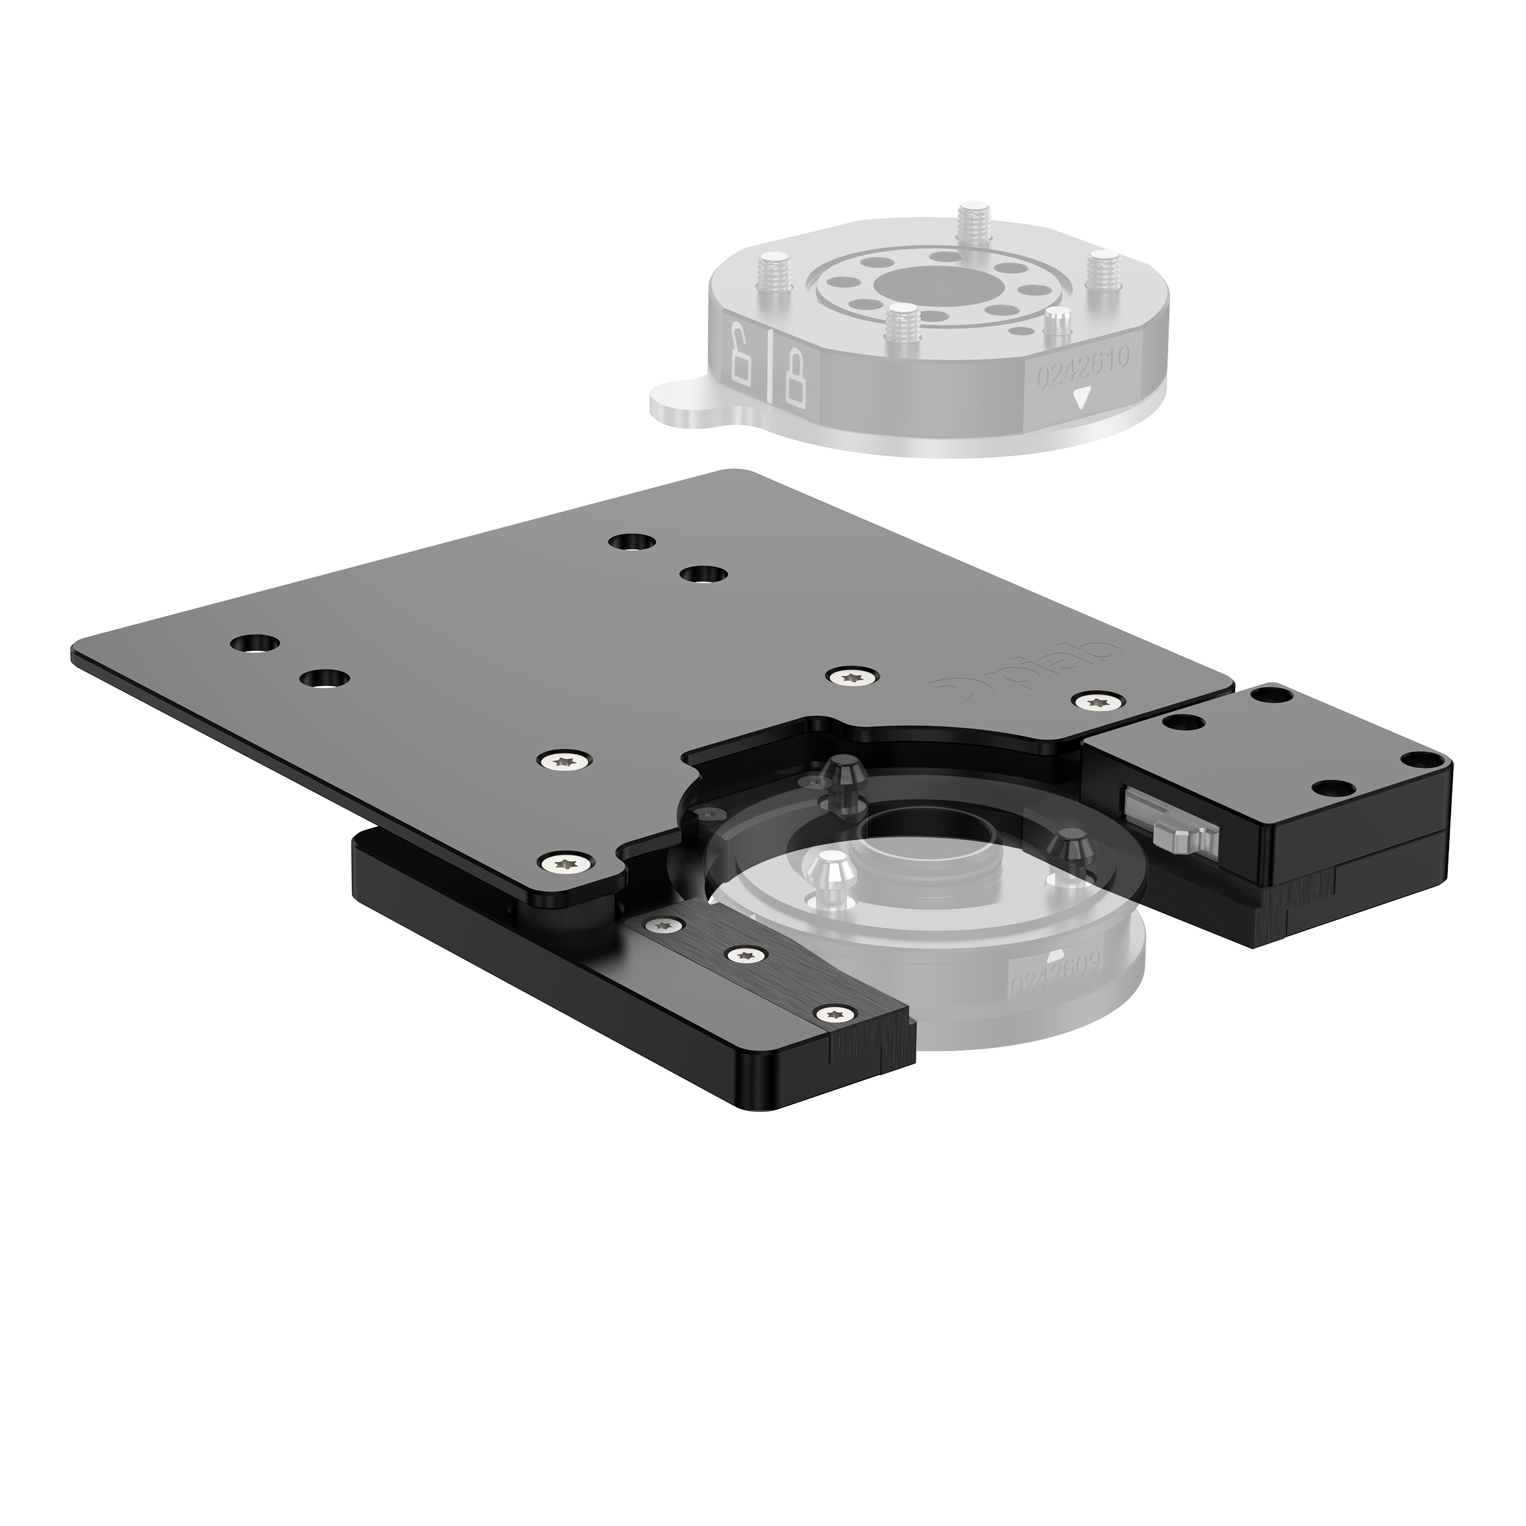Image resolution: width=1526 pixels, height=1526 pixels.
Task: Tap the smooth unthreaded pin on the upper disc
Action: coord(1056,324)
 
